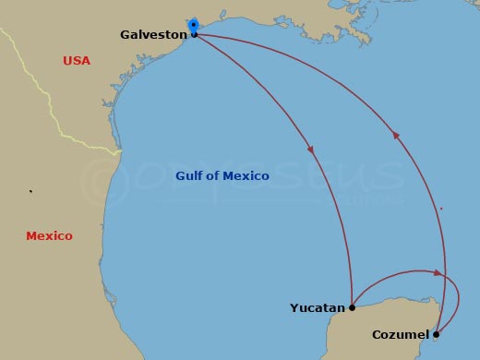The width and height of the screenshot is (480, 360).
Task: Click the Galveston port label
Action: click(153, 35)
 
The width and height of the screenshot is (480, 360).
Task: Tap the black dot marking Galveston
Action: click(194, 35)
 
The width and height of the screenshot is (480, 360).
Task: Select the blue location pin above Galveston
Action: click(193, 24)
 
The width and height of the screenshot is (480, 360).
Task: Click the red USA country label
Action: click(77, 61)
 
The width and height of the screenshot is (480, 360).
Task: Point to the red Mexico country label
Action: click(49, 236)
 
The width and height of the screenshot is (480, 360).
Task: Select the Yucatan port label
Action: click(318, 308)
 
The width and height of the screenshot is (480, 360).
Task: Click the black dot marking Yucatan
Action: click(352, 307)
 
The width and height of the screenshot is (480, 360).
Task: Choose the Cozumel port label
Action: click(401, 334)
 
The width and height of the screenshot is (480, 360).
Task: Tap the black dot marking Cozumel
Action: click(436, 334)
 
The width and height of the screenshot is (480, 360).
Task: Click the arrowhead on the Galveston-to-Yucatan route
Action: click(311, 150)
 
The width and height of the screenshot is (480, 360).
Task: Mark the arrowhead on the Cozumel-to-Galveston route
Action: click(396, 135)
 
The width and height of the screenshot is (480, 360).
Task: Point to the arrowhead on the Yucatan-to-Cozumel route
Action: click(438, 272)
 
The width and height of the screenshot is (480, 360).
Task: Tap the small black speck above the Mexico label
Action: click(31, 192)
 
